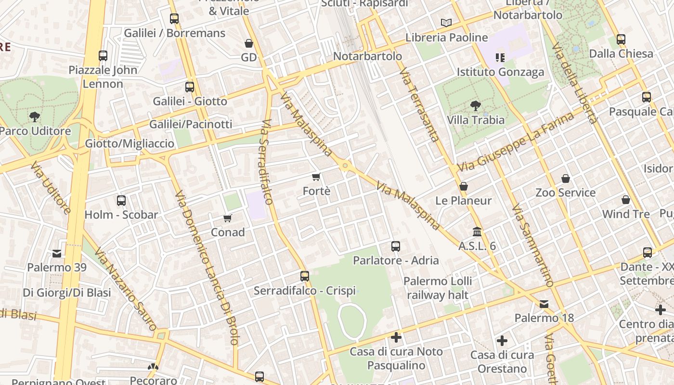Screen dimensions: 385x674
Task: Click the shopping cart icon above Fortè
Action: coord(316,177)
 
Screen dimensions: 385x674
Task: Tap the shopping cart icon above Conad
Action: coord(228,218)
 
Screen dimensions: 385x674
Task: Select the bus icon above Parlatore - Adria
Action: coord(396,246)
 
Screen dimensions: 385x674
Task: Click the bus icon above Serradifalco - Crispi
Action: coord(304,276)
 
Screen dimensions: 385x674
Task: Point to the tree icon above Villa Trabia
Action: coord(475,106)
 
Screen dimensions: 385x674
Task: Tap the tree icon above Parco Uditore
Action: coord(34,116)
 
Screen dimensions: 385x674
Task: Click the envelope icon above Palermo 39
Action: coord(57,253)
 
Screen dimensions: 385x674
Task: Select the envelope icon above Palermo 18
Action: coord(544,304)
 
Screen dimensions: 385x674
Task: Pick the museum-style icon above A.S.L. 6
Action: coord(477,232)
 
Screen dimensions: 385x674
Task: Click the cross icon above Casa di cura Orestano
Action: coord(502,341)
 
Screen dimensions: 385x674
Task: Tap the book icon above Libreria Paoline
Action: coord(446,23)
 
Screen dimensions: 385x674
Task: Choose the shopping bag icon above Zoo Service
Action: coord(566,179)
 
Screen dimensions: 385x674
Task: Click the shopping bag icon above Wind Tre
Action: coord(626,199)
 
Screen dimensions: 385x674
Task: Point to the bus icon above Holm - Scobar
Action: coord(121,201)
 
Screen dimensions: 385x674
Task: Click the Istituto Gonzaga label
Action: coord(500,72)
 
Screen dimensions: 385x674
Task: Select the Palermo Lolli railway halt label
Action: coord(438,288)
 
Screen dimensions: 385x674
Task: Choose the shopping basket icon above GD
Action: coord(249,43)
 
